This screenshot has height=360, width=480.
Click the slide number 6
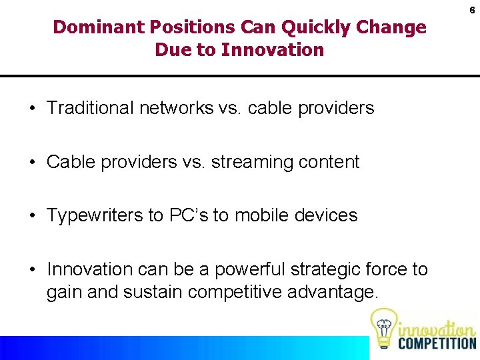(471, 11)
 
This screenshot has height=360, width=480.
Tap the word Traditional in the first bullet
(90, 108)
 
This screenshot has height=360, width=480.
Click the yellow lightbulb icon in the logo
(383, 327)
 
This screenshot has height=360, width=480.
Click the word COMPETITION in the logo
(437, 343)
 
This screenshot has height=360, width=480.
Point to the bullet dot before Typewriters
(32, 216)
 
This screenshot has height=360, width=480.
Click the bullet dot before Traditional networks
(32, 109)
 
